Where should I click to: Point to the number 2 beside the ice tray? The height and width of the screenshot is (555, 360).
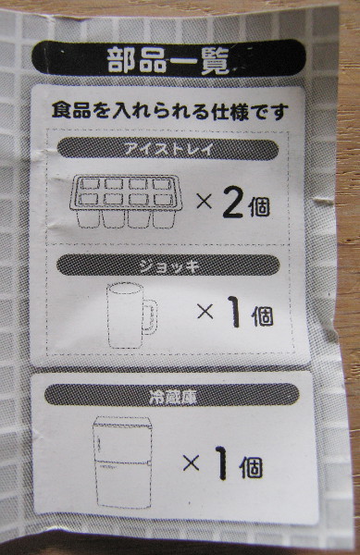233,204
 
